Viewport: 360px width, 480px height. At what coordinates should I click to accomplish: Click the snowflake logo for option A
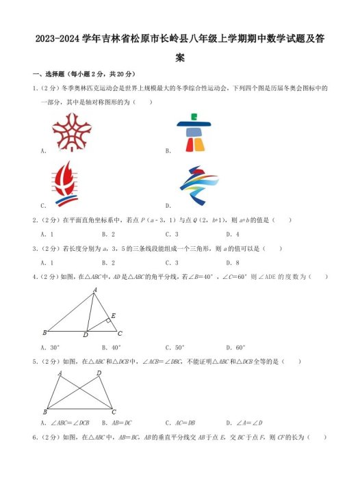coord(71,131)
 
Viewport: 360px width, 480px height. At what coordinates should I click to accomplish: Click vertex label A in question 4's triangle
coord(94,289)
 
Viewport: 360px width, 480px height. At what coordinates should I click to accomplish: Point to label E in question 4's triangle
coord(113,315)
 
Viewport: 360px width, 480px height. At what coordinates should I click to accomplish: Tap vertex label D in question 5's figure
coord(99,373)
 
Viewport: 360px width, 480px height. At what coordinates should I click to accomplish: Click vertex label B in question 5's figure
coord(44,412)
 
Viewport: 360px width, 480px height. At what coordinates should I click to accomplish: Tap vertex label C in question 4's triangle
coord(120,334)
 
